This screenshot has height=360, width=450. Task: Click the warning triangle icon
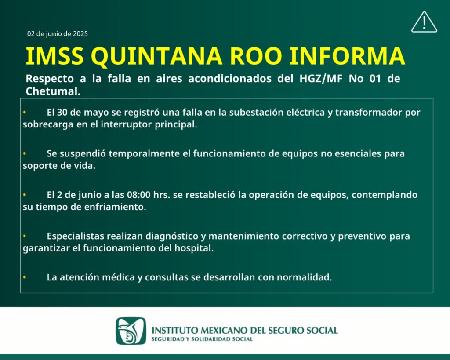[424, 22]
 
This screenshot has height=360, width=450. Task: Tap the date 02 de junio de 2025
[58, 33]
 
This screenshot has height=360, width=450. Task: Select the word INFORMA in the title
[347, 56]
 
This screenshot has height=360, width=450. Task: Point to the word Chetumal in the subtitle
[53, 91]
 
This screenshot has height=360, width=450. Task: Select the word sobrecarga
[48, 124]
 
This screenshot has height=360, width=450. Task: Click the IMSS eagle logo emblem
[131, 331]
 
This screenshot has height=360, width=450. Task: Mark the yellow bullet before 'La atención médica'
[25, 277]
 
